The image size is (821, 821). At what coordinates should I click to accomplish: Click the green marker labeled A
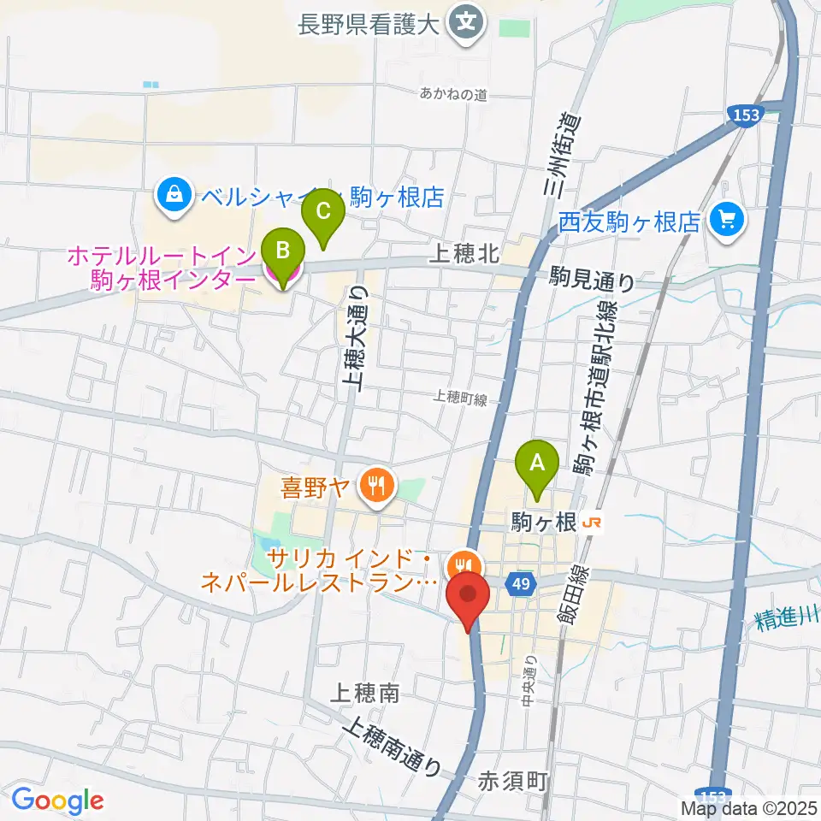(537, 464)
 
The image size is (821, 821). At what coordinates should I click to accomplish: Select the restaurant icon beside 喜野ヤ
(375, 487)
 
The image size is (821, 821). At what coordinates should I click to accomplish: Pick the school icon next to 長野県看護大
(466, 19)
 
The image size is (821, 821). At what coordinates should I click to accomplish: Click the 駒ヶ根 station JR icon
(590, 522)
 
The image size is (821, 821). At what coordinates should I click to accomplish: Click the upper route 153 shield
(747, 114)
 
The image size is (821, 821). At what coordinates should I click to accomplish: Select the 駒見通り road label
(593, 280)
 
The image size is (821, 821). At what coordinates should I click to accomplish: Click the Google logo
(57, 800)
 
